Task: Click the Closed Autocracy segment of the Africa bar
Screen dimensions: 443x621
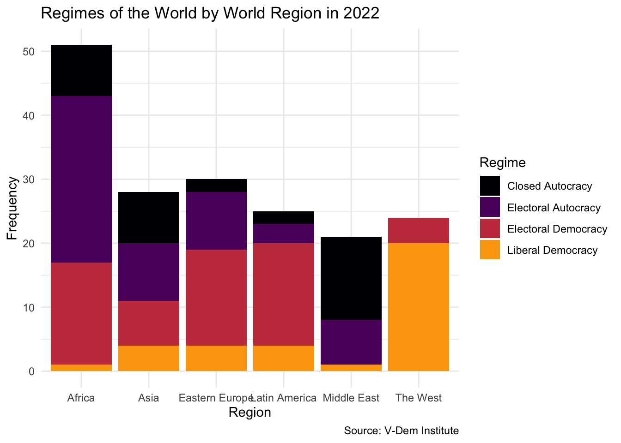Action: (x=81, y=70)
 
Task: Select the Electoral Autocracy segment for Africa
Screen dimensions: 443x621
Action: (x=81, y=179)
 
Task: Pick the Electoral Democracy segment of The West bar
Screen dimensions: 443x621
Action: (x=419, y=230)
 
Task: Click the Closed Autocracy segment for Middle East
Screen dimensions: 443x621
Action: (x=351, y=278)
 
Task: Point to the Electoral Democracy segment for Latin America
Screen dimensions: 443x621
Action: (x=284, y=294)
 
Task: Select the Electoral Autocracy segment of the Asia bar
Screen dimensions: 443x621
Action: (x=149, y=272)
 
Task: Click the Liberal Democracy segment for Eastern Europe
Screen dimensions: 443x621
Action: (x=216, y=358)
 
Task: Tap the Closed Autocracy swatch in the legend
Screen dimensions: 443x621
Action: (x=490, y=186)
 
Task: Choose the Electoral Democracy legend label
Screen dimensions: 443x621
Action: (x=557, y=229)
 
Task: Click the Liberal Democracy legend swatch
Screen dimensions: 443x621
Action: (x=490, y=250)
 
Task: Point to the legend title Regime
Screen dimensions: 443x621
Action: (x=502, y=162)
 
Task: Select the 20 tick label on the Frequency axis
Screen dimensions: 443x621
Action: (x=29, y=243)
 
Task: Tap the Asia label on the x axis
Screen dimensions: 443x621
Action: (x=149, y=398)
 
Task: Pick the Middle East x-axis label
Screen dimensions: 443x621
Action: (x=351, y=398)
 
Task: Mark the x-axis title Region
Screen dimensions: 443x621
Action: (x=250, y=412)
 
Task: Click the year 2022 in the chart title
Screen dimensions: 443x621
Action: (x=361, y=13)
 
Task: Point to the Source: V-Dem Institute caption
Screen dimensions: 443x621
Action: (x=401, y=431)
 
